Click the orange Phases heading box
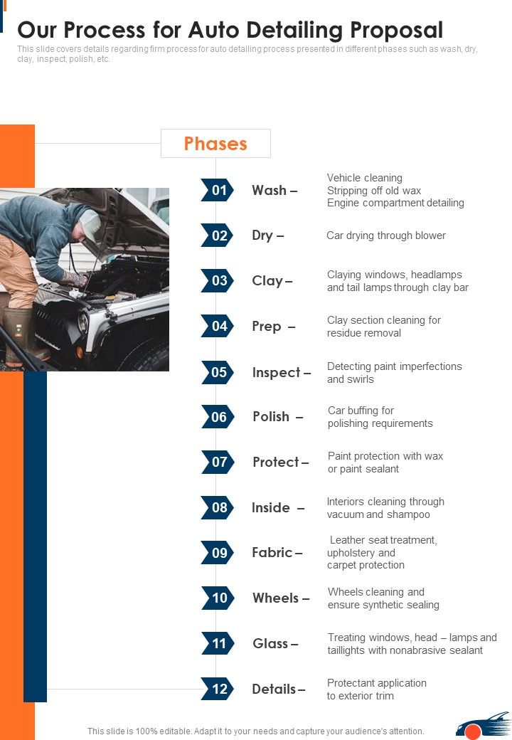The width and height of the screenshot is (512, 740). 215,143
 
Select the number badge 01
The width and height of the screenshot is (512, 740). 218,190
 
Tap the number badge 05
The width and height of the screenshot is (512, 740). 218,372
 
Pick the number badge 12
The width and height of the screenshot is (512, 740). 218,689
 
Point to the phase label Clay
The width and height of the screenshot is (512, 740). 268,280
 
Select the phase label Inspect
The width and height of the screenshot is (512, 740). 277,372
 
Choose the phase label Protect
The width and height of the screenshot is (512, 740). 277,462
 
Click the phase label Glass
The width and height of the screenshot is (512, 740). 271,643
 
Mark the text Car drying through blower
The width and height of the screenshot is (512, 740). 386,236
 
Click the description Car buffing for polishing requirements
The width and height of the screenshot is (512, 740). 380,417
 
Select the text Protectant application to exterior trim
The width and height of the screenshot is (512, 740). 377,689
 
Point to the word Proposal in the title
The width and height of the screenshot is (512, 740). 387,30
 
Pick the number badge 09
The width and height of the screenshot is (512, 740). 218,553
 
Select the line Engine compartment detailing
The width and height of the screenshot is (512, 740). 395,203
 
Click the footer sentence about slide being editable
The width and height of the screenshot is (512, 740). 256,731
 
